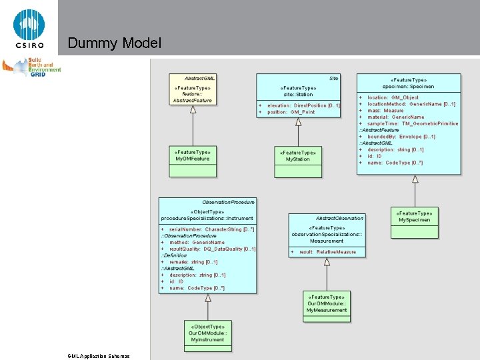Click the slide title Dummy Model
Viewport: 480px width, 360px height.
(114, 44)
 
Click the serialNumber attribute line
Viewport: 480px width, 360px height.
(207, 229)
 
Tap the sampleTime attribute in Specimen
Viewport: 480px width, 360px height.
(409, 124)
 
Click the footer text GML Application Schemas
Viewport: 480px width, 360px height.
(99, 356)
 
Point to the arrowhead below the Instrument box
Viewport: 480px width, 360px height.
(208, 298)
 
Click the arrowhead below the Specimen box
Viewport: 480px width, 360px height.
(415, 179)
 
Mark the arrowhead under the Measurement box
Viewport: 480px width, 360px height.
(327, 262)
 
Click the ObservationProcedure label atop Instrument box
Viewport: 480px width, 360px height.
(228, 202)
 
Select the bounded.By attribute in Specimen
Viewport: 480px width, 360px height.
(401, 137)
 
